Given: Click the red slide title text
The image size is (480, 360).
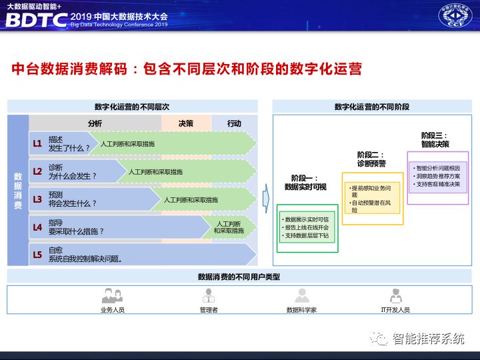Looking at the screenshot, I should (x=187, y=69).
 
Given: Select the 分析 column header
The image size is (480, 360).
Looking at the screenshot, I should (x=95, y=123).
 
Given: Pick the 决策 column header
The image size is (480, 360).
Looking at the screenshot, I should (x=186, y=123).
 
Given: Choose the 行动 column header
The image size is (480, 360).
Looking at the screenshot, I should (x=234, y=123).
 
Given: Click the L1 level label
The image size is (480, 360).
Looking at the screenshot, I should (x=37, y=143).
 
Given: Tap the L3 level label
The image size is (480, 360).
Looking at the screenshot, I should (x=37, y=199).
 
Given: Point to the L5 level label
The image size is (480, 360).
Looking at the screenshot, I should (x=37, y=254).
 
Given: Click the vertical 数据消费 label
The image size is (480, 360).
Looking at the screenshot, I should (x=17, y=191).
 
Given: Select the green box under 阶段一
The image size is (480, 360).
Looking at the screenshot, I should (x=307, y=228).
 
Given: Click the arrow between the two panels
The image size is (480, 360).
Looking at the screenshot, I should (x=265, y=198).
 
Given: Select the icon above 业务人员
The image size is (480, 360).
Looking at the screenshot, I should (x=112, y=295).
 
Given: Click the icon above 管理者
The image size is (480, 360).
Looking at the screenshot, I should (x=208, y=295).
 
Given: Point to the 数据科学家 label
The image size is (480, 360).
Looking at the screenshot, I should (x=301, y=310).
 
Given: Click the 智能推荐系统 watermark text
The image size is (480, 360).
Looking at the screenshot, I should (x=427, y=339).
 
